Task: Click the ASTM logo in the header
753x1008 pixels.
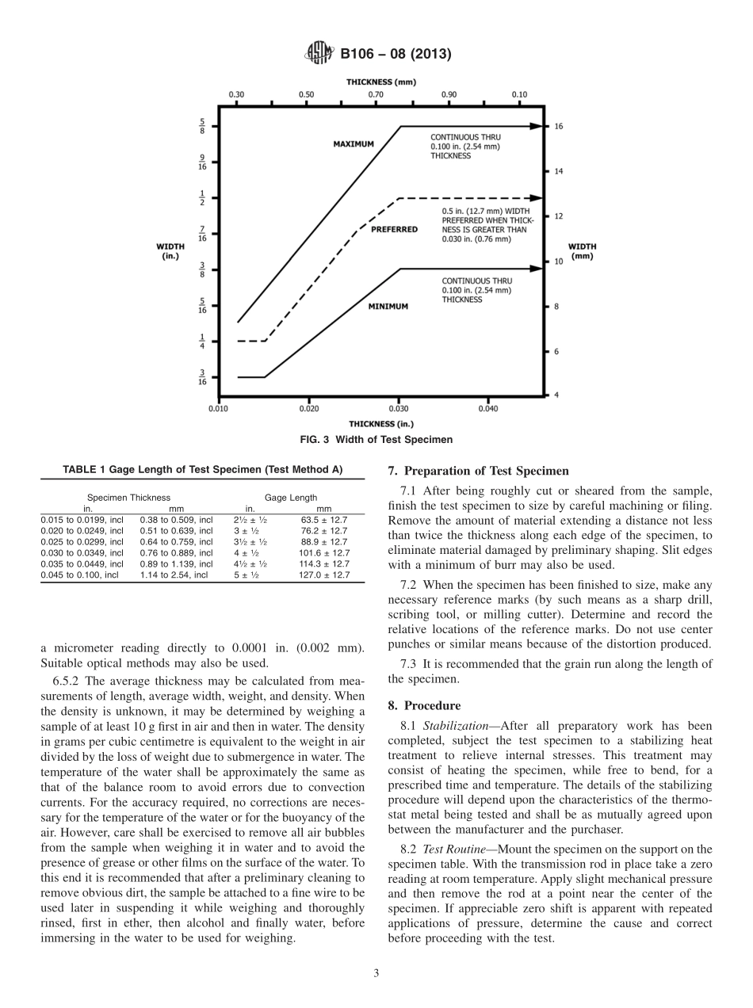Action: click(x=319, y=54)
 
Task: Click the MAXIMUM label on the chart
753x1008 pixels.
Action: click(x=353, y=143)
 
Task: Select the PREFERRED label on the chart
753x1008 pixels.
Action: click(x=394, y=229)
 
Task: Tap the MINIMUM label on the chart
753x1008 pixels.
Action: click(x=388, y=306)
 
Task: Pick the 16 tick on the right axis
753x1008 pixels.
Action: click(x=558, y=126)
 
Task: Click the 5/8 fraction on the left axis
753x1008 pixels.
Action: click(x=202, y=126)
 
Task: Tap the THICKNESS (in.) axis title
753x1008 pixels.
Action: click(x=380, y=424)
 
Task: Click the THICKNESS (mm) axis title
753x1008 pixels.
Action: click(x=380, y=82)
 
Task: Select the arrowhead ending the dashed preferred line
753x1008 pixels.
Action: click(x=538, y=197)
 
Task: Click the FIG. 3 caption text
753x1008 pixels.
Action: click(x=376, y=440)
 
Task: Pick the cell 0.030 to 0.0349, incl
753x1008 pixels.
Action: click(x=82, y=553)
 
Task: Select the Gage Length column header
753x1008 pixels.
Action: click(x=290, y=498)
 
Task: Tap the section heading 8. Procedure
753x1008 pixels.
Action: click(x=424, y=705)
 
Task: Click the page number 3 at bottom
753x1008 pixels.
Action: click(x=376, y=973)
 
